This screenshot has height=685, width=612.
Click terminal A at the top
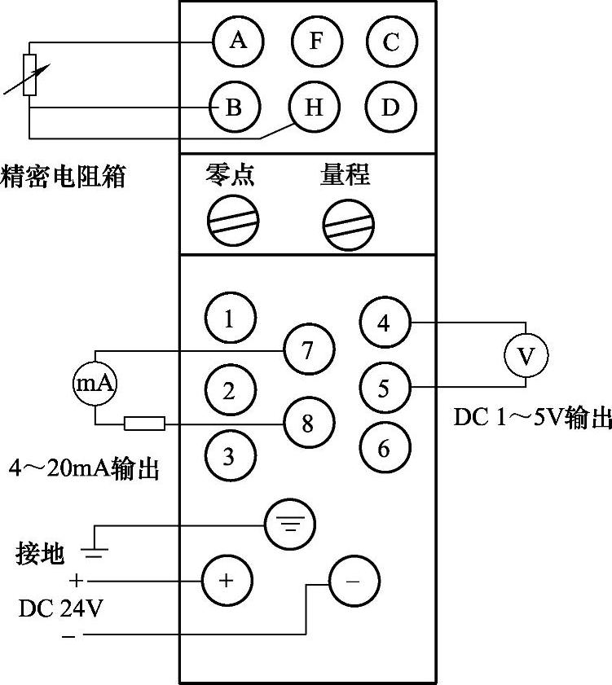click(x=238, y=42)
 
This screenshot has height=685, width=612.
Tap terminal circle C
click(x=391, y=42)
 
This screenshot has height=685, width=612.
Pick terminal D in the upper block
click(x=391, y=108)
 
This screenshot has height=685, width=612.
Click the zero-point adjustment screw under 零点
click(x=234, y=219)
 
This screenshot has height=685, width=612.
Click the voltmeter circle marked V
click(x=525, y=354)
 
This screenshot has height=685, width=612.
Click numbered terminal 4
click(x=385, y=323)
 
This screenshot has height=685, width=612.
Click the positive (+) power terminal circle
click(x=227, y=581)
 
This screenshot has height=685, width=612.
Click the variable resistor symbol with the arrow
click(x=30, y=75)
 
